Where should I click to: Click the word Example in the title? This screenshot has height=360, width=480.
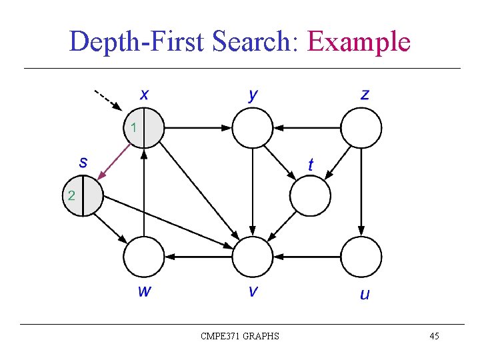click(359, 41)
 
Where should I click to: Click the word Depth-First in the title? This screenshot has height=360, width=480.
click(137, 41)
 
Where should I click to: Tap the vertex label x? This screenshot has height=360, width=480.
click(143, 94)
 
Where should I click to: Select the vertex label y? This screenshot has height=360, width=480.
click(253, 94)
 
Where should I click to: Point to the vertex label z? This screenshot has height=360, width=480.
click(364, 94)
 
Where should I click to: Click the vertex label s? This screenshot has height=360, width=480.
click(83, 161)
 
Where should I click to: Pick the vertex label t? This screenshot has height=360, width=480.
click(311, 164)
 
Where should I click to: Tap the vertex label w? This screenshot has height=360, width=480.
click(143, 291)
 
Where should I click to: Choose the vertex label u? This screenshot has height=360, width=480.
click(364, 293)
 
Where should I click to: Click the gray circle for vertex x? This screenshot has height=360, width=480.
click(143, 127)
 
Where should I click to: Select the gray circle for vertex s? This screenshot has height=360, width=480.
click(83, 197)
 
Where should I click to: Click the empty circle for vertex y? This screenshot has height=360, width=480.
click(253, 127)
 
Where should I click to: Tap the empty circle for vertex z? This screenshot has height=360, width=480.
click(361, 127)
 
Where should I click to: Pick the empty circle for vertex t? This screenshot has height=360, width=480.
click(310, 196)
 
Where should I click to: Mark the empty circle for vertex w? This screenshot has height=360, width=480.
click(144, 257)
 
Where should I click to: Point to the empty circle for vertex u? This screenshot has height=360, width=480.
click(361, 257)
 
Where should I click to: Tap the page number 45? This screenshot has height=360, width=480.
click(434, 336)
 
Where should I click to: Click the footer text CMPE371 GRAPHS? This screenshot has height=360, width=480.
click(240, 336)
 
